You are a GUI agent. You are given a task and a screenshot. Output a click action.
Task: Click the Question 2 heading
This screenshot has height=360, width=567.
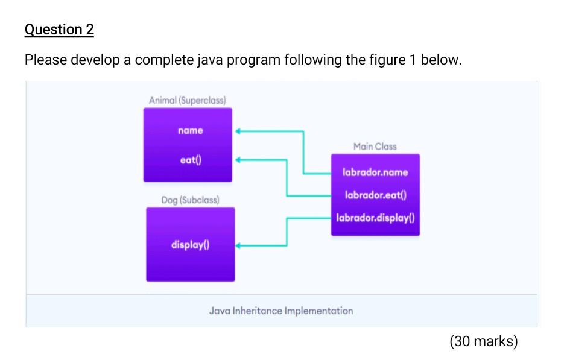pyautogui.click(x=59, y=30)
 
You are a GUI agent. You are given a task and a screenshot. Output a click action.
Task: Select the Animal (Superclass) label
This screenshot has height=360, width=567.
pyautogui.click(x=188, y=99)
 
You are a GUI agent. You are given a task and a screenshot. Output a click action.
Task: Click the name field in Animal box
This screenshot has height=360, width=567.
pyautogui.click(x=191, y=130)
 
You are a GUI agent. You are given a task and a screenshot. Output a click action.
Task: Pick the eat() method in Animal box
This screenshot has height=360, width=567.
pyautogui.click(x=191, y=160)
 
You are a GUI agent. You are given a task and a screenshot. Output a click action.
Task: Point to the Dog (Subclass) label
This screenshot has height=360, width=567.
pyautogui.click(x=190, y=199)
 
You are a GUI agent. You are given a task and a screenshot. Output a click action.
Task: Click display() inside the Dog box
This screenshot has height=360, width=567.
pyautogui.click(x=191, y=245)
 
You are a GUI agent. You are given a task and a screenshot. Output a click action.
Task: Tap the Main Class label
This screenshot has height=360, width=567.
pyautogui.click(x=375, y=147)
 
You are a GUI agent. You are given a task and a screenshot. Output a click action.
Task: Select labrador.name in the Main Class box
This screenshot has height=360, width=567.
pyautogui.click(x=375, y=172)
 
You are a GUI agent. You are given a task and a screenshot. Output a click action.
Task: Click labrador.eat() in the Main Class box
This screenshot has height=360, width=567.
pyautogui.click(x=375, y=195)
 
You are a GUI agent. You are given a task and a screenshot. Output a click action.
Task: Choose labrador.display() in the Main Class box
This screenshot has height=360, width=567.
pyautogui.click(x=375, y=218)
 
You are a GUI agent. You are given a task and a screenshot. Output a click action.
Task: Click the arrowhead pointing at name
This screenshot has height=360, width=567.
pyautogui.click(x=238, y=130)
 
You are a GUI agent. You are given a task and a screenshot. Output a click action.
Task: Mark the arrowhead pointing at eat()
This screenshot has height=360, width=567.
pyautogui.click(x=238, y=160)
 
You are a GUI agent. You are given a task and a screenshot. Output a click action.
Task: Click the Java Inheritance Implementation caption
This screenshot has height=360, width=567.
pyautogui.click(x=281, y=311)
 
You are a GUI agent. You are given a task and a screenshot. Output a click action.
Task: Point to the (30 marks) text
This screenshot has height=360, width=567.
pyautogui.click(x=483, y=342)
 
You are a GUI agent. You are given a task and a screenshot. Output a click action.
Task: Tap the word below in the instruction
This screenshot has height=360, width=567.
pyautogui.click(x=440, y=60)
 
